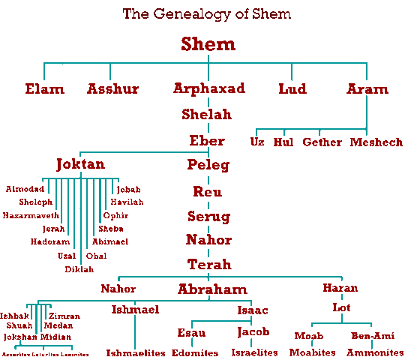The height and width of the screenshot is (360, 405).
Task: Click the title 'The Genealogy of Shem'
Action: [207, 14]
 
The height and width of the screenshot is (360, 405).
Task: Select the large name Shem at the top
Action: [208, 44]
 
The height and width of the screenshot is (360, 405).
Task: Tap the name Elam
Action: [44, 89]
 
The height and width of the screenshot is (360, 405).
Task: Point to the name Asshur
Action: [112, 89]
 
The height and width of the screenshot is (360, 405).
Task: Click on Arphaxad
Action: [209, 88]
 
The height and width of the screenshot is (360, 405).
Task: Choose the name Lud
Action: [292, 89]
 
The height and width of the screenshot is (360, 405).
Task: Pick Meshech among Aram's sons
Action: [376, 142]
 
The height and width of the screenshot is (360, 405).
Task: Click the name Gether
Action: [322, 142]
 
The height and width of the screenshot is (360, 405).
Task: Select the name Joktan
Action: [80, 164]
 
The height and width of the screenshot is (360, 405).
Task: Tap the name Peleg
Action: [208, 165]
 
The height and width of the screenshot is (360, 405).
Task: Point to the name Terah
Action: [208, 265]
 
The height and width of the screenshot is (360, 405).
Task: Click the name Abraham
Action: [212, 289]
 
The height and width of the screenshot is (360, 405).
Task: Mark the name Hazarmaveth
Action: [31, 215]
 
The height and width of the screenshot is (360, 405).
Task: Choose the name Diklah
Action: [79, 268]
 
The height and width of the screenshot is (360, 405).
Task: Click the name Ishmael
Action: [135, 309]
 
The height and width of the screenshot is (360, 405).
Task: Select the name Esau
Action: [192, 332]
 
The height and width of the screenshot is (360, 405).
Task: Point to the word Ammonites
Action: [375, 352]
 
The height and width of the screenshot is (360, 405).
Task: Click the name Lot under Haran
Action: [342, 307]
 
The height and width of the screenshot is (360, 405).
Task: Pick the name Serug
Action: [208, 216]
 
